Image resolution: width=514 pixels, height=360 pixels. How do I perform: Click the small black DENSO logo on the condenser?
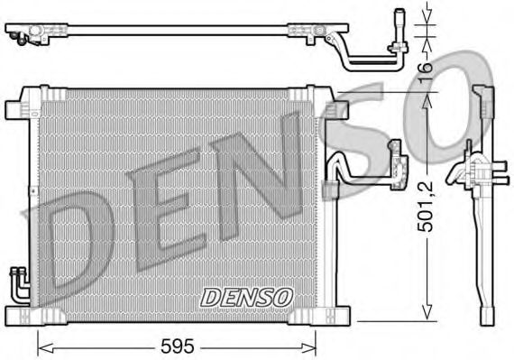(245, 296)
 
